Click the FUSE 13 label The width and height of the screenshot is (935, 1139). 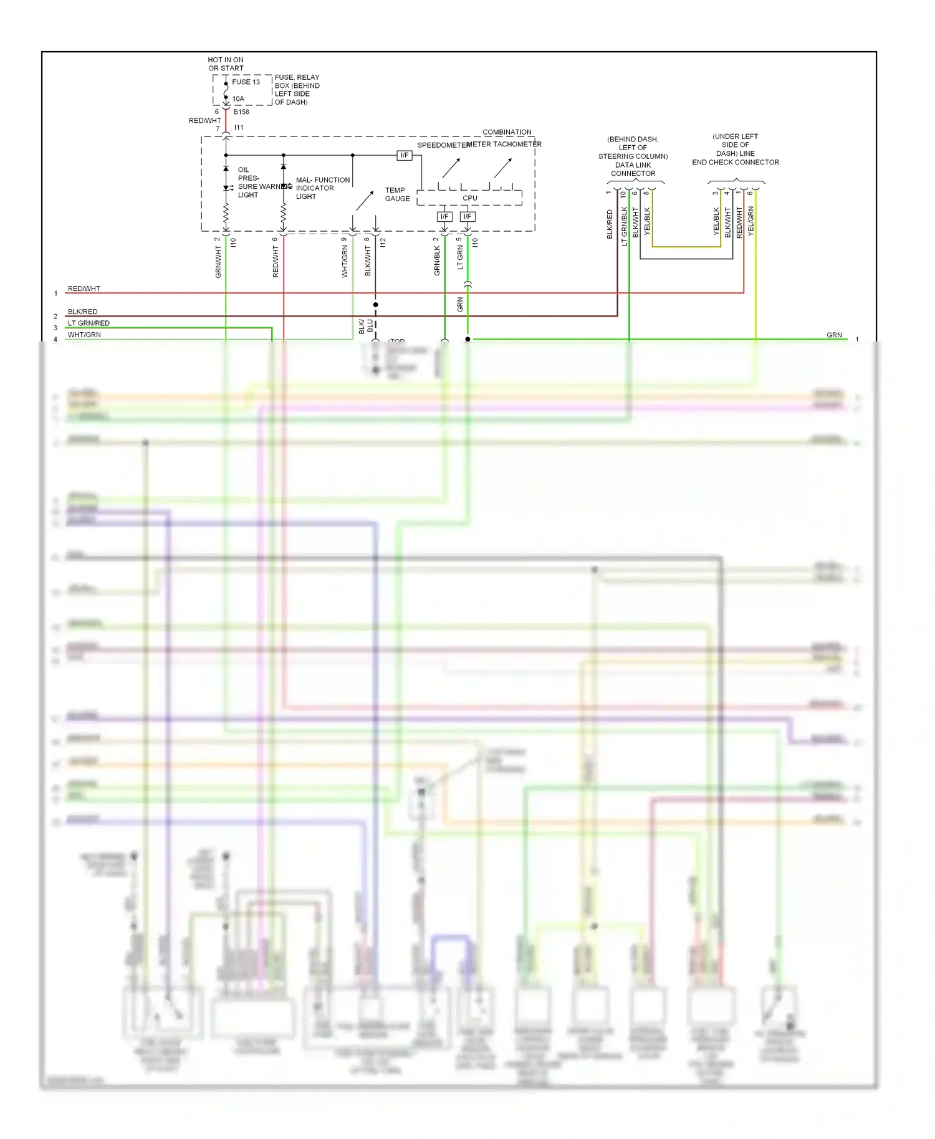(x=246, y=82)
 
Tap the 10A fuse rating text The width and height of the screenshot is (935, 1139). (x=238, y=98)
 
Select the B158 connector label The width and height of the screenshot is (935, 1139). (x=241, y=112)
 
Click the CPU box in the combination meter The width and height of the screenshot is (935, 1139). (x=469, y=198)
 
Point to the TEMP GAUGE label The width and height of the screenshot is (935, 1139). (x=397, y=194)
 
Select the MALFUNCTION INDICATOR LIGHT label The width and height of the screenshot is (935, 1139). (x=322, y=188)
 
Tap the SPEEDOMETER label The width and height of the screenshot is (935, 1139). (x=443, y=145)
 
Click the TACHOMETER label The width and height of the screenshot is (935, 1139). (x=517, y=144)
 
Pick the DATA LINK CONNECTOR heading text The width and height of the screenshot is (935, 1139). (x=633, y=156)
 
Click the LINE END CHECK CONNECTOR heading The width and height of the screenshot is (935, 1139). (x=735, y=150)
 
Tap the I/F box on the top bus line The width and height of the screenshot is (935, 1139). (x=405, y=155)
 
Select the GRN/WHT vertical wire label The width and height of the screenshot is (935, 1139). (x=218, y=262)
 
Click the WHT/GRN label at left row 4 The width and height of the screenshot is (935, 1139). (x=84, y=335)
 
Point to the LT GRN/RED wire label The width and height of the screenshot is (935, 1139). (x=89, y=323)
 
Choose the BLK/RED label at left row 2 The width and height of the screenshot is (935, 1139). (x=82, y=312)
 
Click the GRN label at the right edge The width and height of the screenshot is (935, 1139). (x=834, y=335)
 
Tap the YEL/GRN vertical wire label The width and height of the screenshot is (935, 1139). (x=750, y=221)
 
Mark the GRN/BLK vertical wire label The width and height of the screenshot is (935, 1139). (x=437, y=260)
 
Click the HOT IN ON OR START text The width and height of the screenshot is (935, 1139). (x=226, y=64)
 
